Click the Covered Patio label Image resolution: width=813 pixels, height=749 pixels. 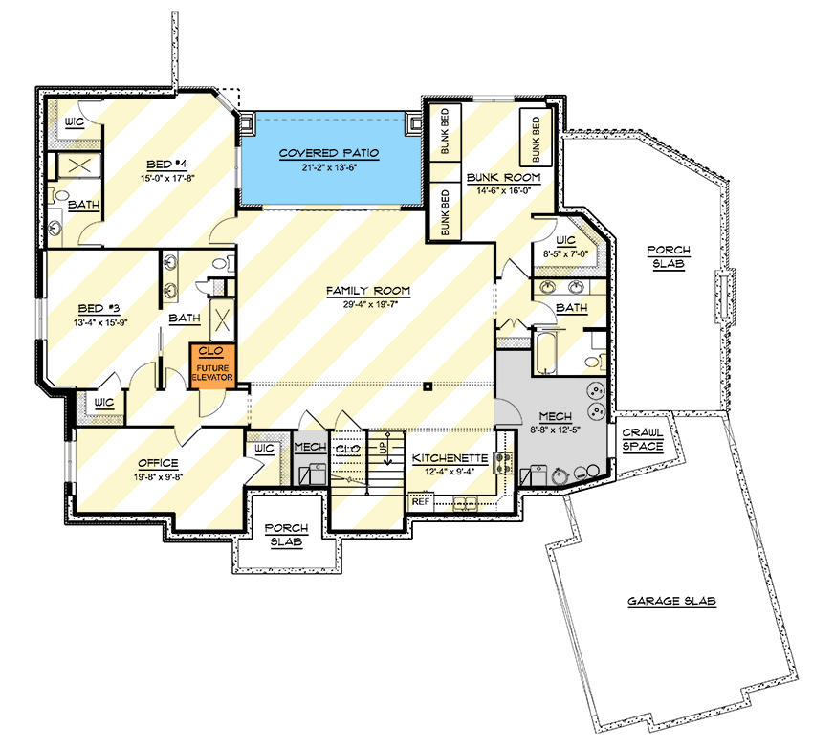pos(329,153)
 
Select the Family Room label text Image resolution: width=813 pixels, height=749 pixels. pos(367,290)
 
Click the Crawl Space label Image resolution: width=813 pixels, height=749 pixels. pos(643,439)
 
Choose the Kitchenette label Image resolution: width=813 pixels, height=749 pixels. pos(450,458)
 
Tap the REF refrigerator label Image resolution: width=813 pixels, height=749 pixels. pos(419,500)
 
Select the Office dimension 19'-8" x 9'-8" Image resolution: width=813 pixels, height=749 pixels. pos(158,475)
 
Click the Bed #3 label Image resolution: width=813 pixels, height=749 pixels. pos(97,309)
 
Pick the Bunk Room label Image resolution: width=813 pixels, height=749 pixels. pos(504,178)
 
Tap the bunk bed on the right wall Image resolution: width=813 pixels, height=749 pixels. pos(536,138)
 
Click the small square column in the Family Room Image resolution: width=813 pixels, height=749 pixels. pos(428,387)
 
